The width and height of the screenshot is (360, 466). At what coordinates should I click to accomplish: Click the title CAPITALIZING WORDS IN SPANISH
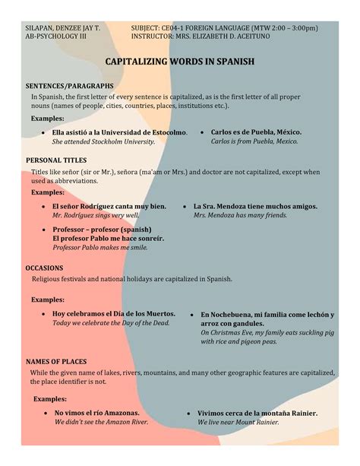(x=179, y=61)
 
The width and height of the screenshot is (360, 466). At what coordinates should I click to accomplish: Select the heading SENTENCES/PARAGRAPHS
(x=70, y=87)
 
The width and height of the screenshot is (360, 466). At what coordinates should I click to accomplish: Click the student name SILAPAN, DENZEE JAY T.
(x=63, y=27)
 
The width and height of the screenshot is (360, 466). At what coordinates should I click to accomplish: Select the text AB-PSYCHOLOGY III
(x=56, y=36)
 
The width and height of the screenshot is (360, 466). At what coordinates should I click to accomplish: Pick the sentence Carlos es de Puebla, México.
(x=255, y=132)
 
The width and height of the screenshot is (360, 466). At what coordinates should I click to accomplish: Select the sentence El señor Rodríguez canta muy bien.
(x=109, y=206)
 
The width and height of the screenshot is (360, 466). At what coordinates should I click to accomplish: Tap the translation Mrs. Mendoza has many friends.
(x=240, y=215)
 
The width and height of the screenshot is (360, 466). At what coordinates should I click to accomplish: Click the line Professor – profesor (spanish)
(x=102, y=229)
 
